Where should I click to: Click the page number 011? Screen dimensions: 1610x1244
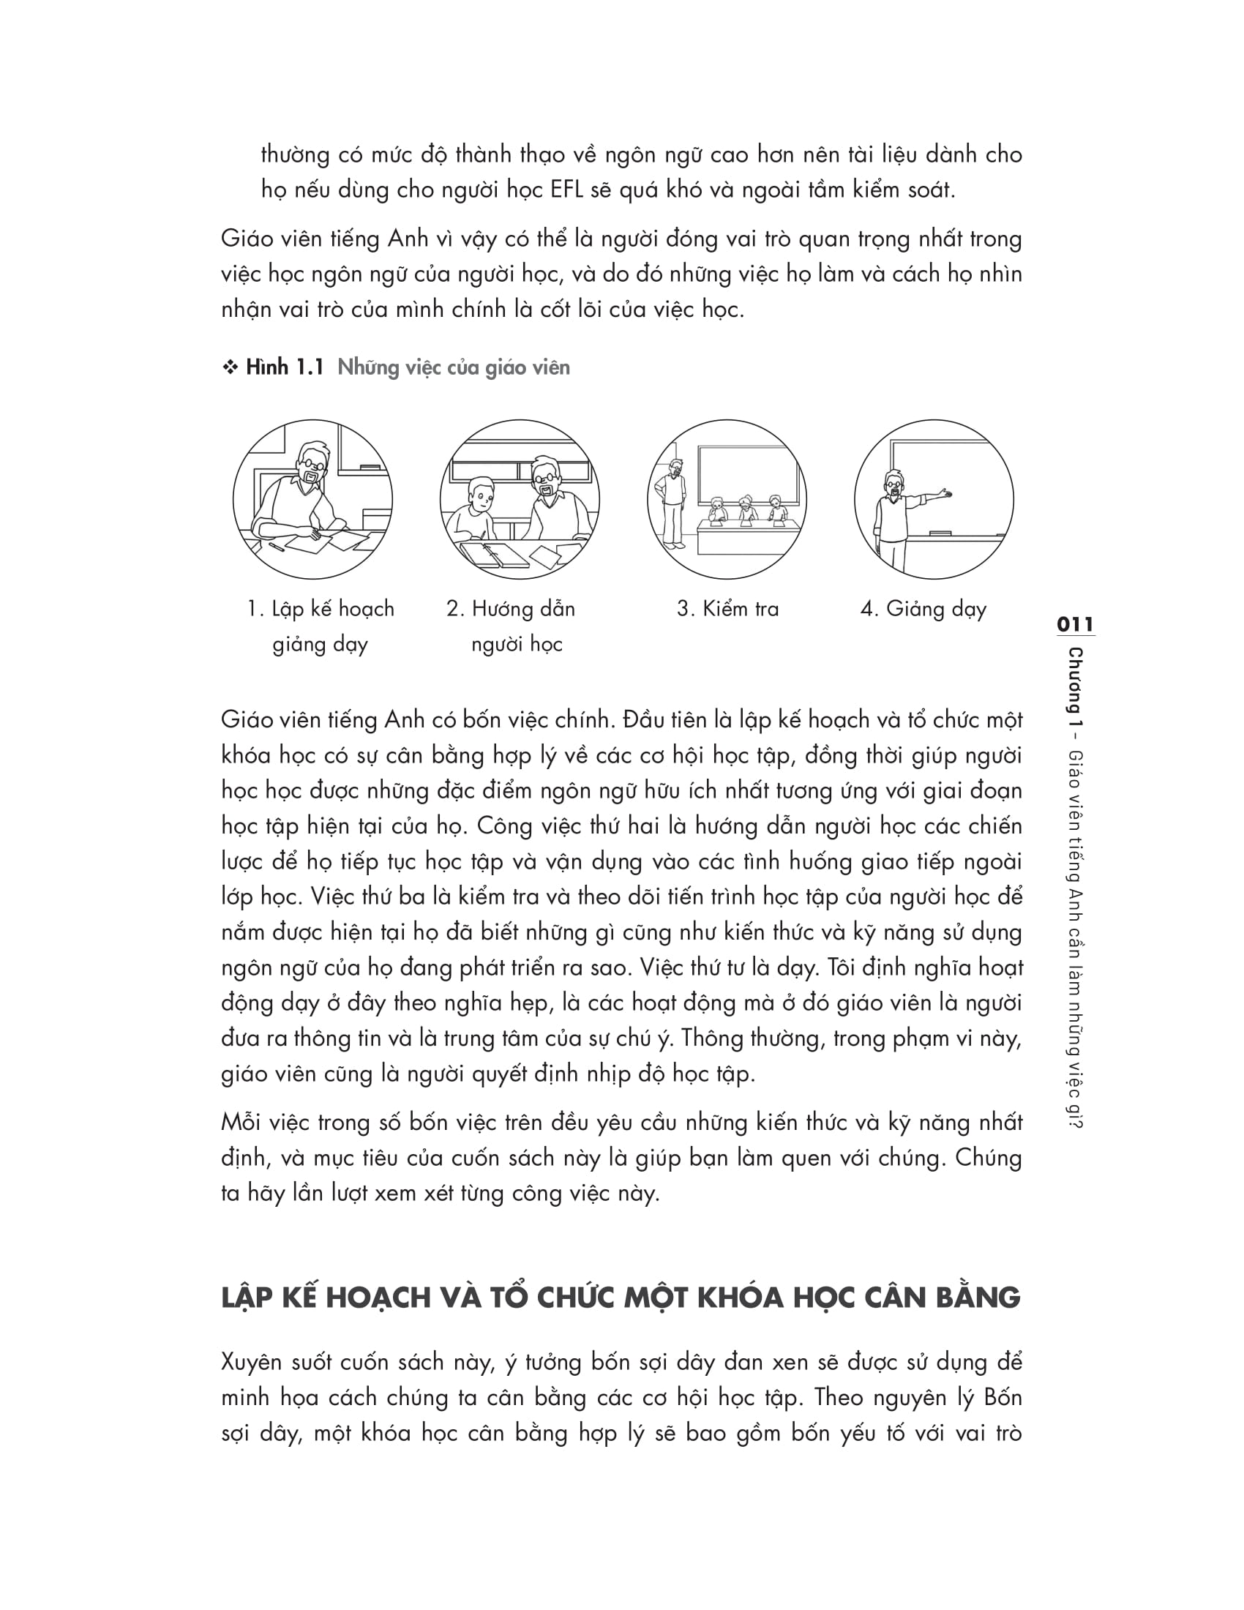(1075, 624)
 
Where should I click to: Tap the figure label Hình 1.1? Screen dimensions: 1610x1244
(285, 367)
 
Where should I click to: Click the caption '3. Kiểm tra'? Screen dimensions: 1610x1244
(727, 609)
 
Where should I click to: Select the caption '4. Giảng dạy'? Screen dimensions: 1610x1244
(923, 609)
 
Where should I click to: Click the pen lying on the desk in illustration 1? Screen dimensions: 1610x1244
(277, 546)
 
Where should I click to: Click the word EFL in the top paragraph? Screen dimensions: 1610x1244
(566, 190)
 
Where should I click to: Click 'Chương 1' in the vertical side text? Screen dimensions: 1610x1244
(1075, 687)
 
